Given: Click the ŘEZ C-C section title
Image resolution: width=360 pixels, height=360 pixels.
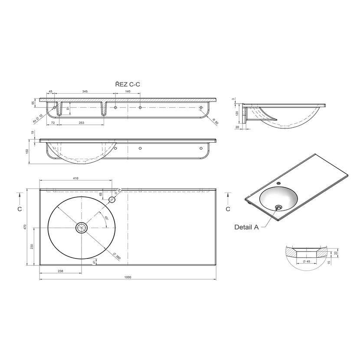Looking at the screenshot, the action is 128,84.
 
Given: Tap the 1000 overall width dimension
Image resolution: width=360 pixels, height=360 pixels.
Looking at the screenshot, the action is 128,277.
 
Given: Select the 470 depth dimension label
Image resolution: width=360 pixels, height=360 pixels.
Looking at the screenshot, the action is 25,227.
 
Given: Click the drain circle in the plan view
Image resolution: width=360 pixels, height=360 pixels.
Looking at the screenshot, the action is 82,228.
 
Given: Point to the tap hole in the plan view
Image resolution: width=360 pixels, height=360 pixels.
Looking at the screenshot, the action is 112,200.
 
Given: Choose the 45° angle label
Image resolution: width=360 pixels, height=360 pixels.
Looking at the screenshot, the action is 106,218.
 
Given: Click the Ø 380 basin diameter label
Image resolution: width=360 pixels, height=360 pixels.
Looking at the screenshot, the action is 117,256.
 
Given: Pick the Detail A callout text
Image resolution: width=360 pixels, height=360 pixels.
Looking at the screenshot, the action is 246,227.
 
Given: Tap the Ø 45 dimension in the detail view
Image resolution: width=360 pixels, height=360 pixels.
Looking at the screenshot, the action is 307,261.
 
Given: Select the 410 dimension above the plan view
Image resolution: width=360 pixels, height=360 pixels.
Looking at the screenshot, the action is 75,178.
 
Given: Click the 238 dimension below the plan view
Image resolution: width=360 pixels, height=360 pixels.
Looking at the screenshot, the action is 60,271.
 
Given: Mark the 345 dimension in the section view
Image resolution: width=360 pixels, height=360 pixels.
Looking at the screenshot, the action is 85,92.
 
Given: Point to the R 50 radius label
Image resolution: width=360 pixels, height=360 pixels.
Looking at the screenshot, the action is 216,121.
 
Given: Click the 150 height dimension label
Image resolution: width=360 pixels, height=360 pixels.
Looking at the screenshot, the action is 27,151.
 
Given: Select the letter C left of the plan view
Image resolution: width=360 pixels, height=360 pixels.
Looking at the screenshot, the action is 20,209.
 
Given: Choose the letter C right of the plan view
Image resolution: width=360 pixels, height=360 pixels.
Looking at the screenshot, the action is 228,209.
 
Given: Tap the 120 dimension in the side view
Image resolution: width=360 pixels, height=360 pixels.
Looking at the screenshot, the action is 237,113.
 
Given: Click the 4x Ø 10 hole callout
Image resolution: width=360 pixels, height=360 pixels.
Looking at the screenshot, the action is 37,119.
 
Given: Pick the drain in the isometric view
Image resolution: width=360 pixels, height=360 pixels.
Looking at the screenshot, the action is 279,207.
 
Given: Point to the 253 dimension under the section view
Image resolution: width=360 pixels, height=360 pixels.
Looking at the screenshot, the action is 82,123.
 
